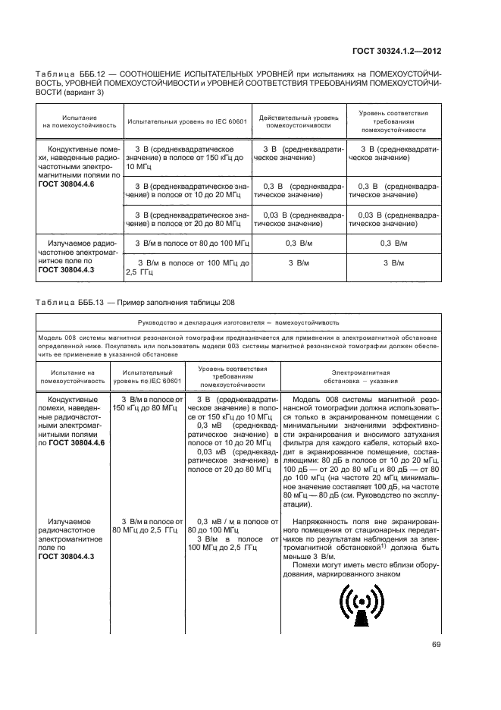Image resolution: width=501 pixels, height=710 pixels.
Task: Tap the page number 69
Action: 437,645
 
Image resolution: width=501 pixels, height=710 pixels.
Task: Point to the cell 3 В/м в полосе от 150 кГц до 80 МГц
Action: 149,403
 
